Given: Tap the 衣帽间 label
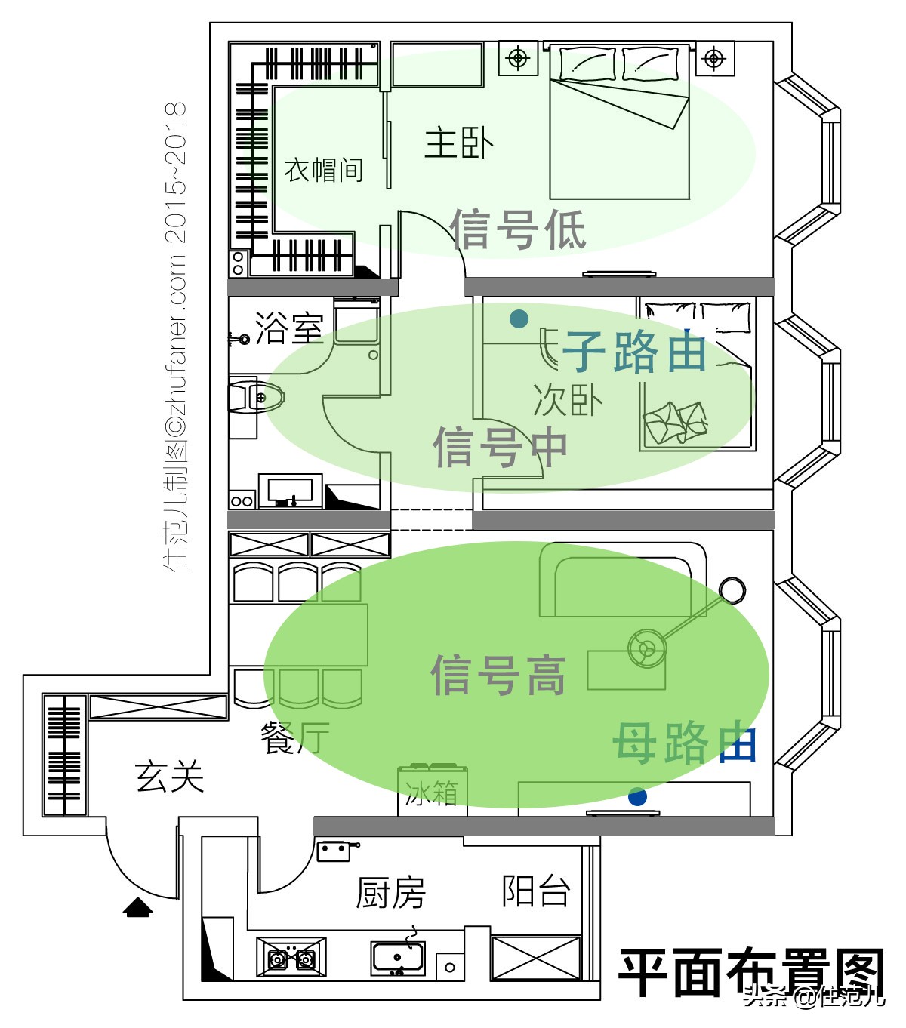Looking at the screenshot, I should (x=323, y=170).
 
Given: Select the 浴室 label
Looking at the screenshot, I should (x=288, y=328).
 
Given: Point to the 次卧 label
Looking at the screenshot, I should (x=567, y=400).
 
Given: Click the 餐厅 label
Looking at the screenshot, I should (x=294, y=737).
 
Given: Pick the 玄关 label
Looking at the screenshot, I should (x=170, y=776).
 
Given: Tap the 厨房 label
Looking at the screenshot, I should (x=390, y=894).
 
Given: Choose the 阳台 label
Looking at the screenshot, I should (x=535, y=891).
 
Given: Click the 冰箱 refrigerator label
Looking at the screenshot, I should (x=431, y=793).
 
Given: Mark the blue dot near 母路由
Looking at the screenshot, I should (x=637, y=796).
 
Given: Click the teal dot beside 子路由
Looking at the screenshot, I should (x=519, y=319).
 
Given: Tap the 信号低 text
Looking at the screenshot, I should (x=518, y=229).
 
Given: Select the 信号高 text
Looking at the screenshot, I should (x=498, y=674).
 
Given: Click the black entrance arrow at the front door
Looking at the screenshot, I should (x=138, y=907).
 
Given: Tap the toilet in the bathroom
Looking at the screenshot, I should (x=257, y=397).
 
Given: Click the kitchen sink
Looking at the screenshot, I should (x=397, y=958).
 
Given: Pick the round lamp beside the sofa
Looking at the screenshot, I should (x=732, y=590).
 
